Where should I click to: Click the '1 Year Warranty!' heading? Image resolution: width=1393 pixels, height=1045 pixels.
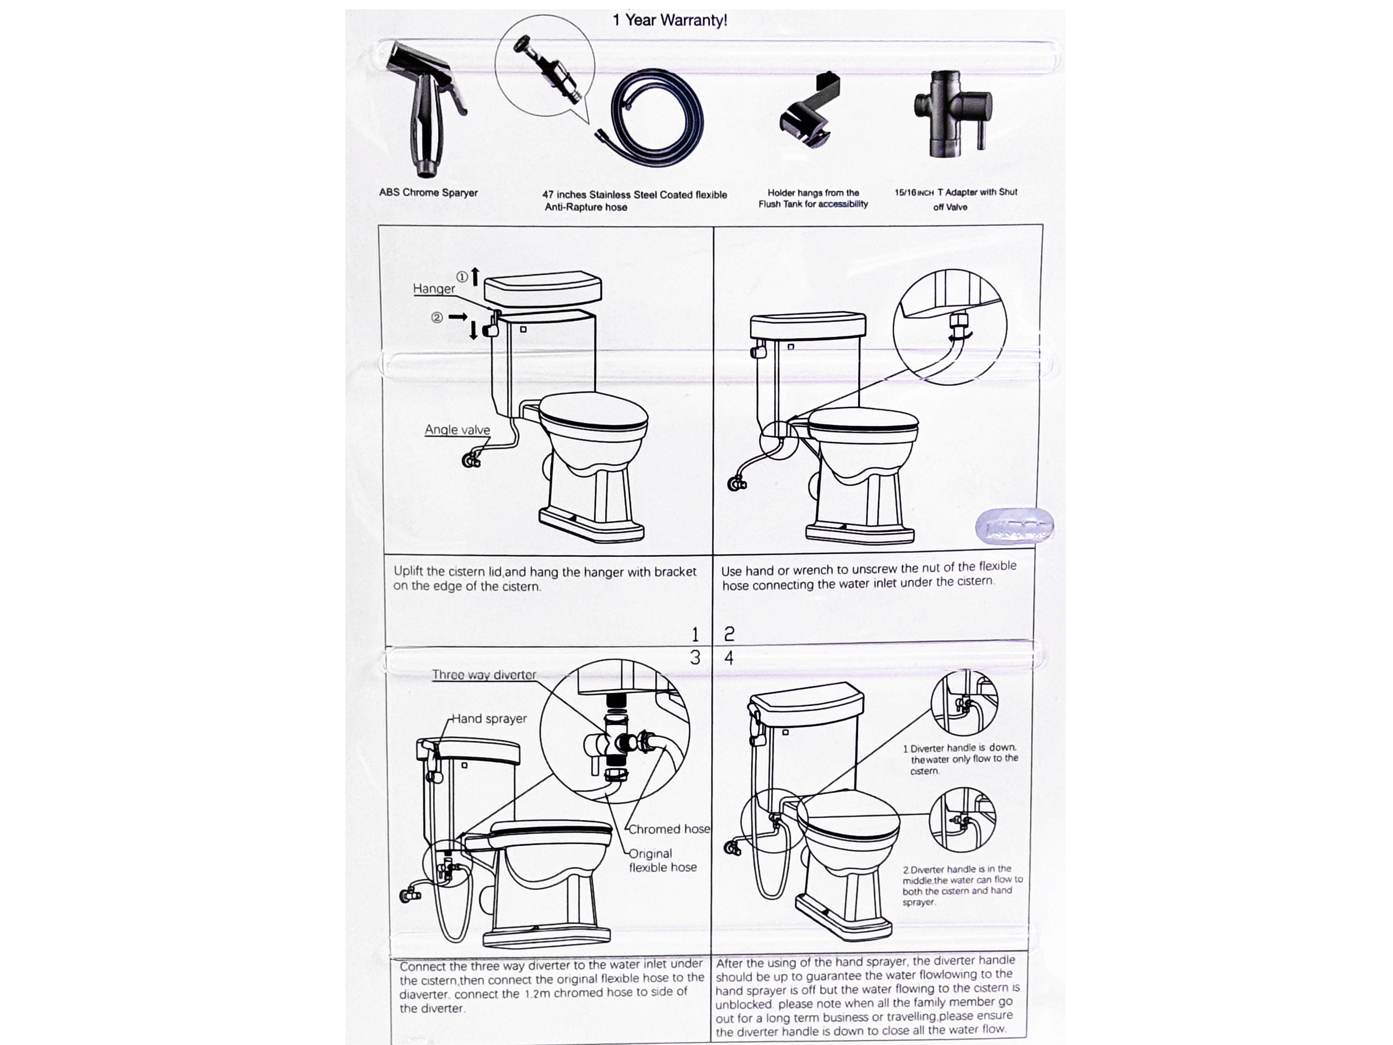(670, 20)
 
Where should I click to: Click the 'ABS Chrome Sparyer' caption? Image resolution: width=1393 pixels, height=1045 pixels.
(428, 193)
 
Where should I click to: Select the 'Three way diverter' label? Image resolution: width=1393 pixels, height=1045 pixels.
(484, 675)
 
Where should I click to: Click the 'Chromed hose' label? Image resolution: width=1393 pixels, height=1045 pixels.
(669, 829)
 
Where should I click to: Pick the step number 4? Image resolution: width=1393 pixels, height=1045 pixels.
(729, 658)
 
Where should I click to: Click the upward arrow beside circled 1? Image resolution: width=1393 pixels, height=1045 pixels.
(475, 276)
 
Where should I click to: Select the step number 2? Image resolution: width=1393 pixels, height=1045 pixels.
(729, 634)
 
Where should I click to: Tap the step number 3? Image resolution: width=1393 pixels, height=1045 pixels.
(695, 658)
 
